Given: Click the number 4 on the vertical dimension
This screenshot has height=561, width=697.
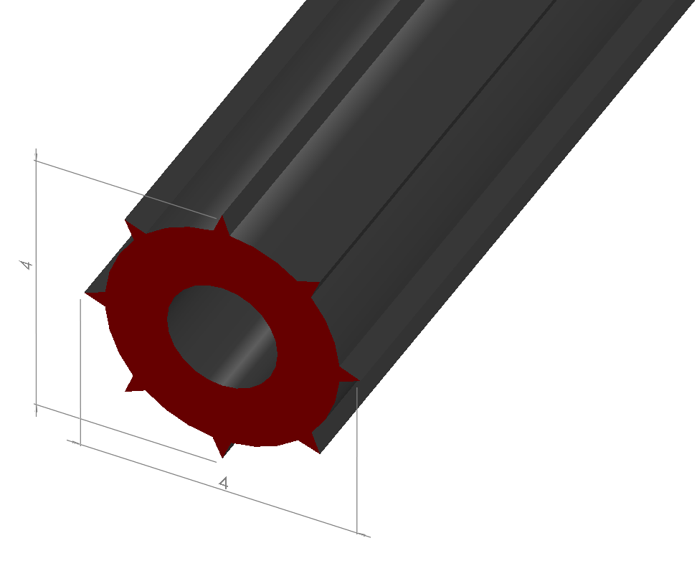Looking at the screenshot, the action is [27, 265].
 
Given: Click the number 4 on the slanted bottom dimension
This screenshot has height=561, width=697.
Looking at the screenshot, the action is [224, 483].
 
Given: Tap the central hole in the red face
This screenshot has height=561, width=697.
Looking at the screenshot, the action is [222, 336].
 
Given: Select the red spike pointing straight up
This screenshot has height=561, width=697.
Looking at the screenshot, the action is [222, 225].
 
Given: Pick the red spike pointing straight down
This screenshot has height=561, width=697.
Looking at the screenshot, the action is [222, 447].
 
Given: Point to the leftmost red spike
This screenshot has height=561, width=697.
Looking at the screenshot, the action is [95, 297].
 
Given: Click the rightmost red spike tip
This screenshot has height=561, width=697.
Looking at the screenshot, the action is [359, 380].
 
